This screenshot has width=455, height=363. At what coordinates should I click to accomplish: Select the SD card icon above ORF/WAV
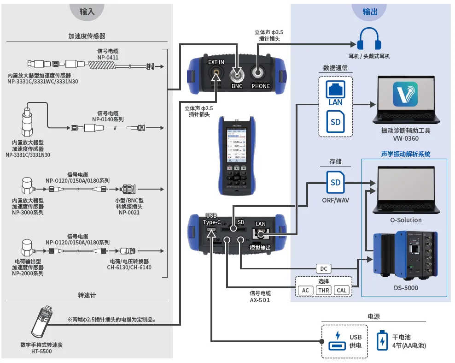(335, 183)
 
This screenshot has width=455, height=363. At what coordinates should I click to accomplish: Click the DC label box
(323, 268)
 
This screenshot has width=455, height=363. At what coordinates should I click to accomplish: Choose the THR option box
(323, 290)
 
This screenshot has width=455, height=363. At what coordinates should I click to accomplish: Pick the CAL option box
(341, 290)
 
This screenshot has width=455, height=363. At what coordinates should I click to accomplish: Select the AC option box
(305, 290)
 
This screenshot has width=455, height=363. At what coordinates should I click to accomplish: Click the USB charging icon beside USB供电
(337, 341)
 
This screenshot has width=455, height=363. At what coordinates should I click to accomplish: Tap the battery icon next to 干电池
(382, 341)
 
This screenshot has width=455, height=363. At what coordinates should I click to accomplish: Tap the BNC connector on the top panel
(237, 74)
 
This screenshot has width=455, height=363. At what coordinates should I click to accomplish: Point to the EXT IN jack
(216, 73)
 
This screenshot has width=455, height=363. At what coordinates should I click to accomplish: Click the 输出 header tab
(370, 12)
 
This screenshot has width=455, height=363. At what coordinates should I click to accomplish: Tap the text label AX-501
(260, 300)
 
